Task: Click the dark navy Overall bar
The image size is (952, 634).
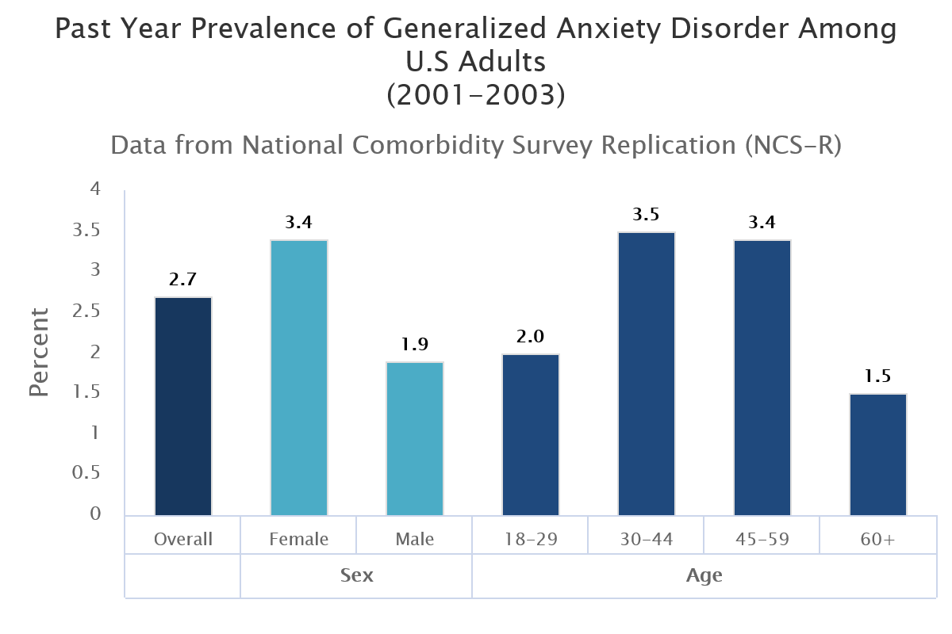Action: click(x=183, y=406)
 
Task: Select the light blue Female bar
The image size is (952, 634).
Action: click(x=299, y=377)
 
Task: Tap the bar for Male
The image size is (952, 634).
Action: click(x=415, y=438)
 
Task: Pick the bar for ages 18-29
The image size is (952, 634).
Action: click(x=531, y=434)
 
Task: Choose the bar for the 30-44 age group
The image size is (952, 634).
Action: click(x=647, y=373)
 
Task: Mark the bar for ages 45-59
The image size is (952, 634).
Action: click(x=762, y=377)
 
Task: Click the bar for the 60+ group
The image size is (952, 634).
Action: click(x=878, y=454)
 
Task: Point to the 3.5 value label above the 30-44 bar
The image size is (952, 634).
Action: click(x=647, y=215)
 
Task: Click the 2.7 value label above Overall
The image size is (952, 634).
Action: click(x=183, y=280)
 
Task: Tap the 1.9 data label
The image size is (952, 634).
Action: click(x=415, y=345)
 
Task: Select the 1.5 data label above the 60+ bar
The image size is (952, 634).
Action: click(x=878, y=376)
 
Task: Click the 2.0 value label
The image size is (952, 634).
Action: click(x=531, y=337)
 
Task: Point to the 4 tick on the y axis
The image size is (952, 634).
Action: click(x=95, y=189)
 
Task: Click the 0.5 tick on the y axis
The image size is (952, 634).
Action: click(x=86, y=473)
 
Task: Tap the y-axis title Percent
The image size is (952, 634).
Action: click(x=39, y=352)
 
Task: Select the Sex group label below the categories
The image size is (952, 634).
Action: click(x=356, y=575)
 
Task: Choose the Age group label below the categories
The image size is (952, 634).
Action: click(x=704, y=575)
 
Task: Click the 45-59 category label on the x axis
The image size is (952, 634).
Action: click(x=762, y=539)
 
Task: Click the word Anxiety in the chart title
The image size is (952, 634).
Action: click(x=598, y=29)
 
